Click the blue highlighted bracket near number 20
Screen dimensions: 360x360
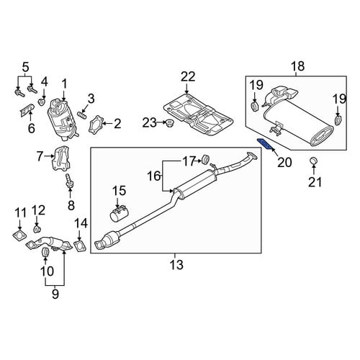point(265,144)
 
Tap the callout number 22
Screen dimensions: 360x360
point(188,77)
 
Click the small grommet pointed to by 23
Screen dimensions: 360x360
point(170,124)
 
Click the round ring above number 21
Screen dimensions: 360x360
point(313,161)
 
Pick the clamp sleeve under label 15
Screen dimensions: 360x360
point(120,212)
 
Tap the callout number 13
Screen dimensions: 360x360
point(176,265)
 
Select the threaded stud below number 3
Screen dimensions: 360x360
point(82,115)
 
